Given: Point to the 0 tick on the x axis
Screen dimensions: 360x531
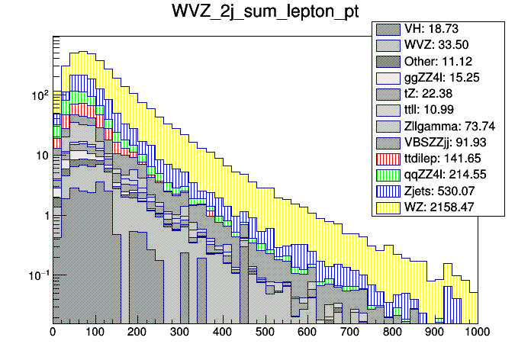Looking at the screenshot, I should (x=53, y=332).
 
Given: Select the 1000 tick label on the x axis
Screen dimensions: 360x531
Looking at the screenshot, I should (x=477, y=332).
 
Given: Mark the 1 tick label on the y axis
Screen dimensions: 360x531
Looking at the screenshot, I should (x=44, y=216).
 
